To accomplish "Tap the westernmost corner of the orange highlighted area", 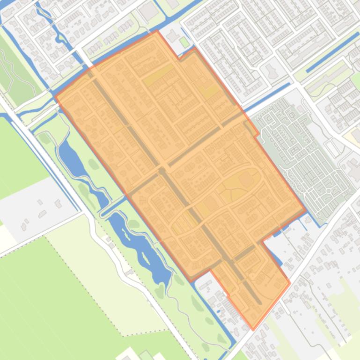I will pyautogui.click(x=56, y=97).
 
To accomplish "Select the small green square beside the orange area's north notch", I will pyautogui.click(x=184, y=43).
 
